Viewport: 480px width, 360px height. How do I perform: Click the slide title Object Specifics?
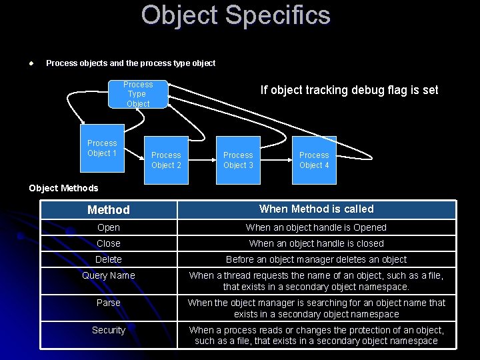click(235, 15)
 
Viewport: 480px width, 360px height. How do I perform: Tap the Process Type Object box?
click(138, 94)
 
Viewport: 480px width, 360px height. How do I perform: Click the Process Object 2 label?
click(166, 160)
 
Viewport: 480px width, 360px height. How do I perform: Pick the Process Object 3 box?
click(238, 160)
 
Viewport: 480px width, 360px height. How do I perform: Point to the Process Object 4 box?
click(314, 160)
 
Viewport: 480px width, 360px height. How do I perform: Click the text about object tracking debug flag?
click(349, 90)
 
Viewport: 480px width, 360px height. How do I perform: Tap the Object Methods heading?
click(63, 188)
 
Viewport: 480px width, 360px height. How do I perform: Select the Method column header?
click(109, 210)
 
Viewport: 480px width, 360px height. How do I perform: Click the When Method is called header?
click(316, 209)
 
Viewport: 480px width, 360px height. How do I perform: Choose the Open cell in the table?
click(109, 227)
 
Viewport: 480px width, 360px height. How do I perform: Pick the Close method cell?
click(109, 243)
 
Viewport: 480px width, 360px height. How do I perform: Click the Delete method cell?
click(109, 259)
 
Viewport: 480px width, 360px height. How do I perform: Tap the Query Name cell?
click(109, 275)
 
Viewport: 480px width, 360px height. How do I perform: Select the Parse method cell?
click(109, 303)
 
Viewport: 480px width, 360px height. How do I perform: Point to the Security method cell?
click(109, 330)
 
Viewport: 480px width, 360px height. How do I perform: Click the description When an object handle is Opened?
click(316, 227)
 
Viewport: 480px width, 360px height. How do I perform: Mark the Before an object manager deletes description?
click(316, 259)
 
